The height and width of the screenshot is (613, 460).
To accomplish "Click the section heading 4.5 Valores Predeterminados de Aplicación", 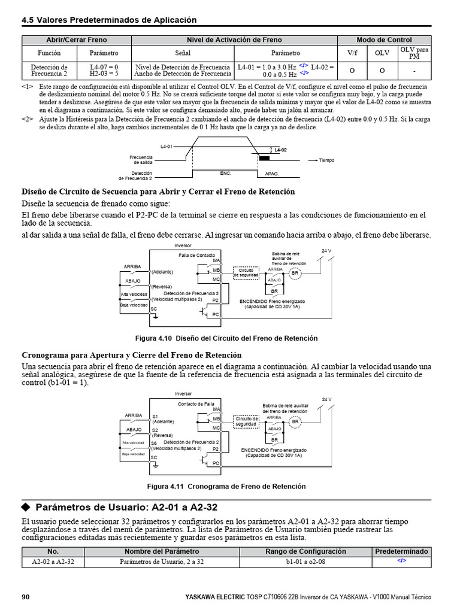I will (109, 20).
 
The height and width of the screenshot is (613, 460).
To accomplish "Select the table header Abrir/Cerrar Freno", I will (77, 40).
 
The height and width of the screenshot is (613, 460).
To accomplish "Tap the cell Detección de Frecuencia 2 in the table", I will (49, 71).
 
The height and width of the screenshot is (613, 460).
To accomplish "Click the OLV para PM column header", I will (414, 53).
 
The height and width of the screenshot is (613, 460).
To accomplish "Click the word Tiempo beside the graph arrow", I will (326, 160).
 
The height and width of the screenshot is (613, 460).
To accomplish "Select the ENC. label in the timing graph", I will (225, 172).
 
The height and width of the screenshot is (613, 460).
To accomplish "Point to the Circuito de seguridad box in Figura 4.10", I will (247, 272).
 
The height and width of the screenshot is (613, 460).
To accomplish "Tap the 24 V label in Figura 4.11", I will (326, 399).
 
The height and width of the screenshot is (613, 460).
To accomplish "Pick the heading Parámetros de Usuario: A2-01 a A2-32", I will (126, 507).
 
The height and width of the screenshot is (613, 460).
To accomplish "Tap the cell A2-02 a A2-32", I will (53, 562).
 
